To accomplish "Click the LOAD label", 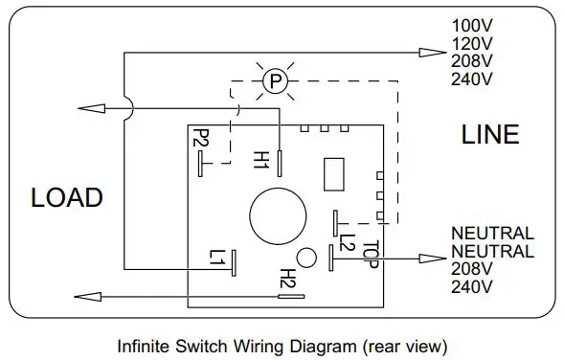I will (66, 198).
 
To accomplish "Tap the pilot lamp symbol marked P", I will (275, 82).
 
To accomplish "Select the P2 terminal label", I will (200, 140).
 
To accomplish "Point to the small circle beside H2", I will (306, 259).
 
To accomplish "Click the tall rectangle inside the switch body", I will (334, 175).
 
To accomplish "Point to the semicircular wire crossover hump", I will (127, 107).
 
